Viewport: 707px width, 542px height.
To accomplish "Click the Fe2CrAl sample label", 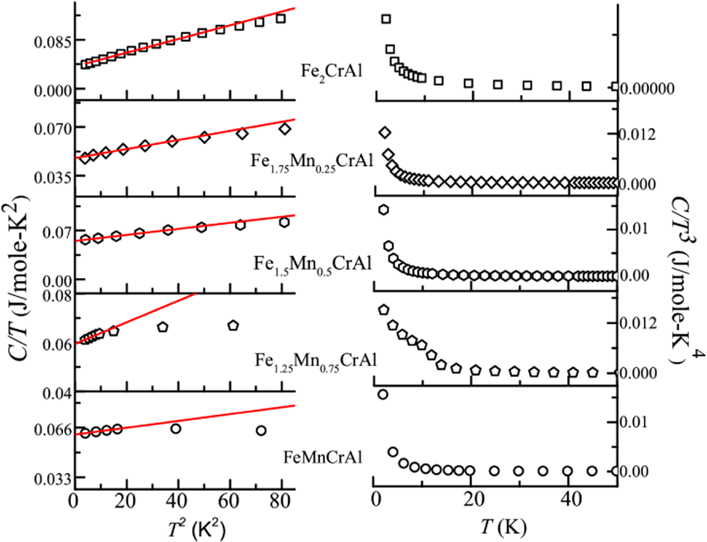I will pyautogui.click(x=331, y=71).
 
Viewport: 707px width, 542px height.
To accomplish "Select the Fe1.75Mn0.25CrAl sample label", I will pyautogui.click(x=311, y=161).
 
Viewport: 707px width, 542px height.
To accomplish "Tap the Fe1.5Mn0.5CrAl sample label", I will pyautogui.click(x=312, y=264).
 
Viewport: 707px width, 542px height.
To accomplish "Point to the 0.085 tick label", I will pyautogui.click(x=52, y=41).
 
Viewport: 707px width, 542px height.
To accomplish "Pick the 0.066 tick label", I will pyautogui.click(x=52, y=431).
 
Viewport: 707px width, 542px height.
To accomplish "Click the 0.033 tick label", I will pyautogui.click(x=52, y=479).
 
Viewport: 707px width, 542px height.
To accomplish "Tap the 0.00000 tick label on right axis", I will pyautogui.click(x=647, y=88).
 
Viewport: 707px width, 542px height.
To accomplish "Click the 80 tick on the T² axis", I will pyautogui.click(x=281, y=500).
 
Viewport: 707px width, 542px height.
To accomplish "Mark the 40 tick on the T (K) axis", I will pyautogui.click(x=568, y=500).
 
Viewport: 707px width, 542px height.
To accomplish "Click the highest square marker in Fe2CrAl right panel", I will pyautogui.click(x=386, y=19).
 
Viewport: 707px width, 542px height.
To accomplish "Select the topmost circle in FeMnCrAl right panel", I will pyautogui.click(x=382, y=394).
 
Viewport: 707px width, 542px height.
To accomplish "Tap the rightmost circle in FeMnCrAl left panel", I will pyautogui.click(x=261, y=431).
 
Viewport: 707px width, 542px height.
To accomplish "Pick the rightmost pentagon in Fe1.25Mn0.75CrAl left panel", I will pyautogui.click(x=233, y=325).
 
